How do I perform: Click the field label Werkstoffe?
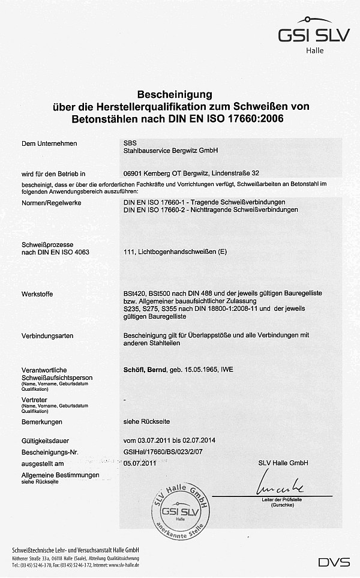[x=37, y=294]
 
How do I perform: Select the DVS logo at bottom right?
[x=334, y=562]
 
